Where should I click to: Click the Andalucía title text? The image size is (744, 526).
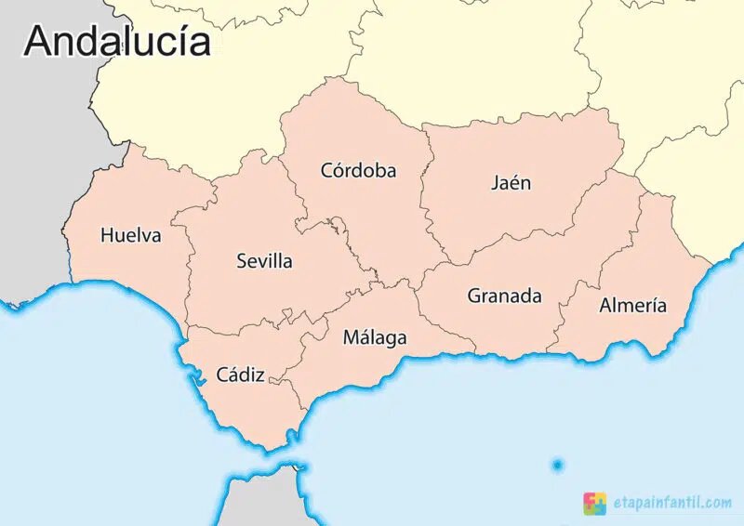tap(117, 41)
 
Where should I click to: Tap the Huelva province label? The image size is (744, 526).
tap(130, 235)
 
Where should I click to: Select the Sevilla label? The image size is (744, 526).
tap(264, 261)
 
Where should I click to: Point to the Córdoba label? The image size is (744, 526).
tap(358, 171)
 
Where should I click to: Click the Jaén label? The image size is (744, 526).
tap(511, 182)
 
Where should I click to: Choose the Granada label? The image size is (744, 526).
tap(504, 296)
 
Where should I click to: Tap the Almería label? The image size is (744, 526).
tap(632, 305)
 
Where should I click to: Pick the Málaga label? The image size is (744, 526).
tap(375, 337)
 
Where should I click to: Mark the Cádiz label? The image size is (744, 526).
tap(240, 375)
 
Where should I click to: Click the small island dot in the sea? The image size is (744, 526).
tap(557, 465)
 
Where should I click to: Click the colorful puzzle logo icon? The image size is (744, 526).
tap(594, 503)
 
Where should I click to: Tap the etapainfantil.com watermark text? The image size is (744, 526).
tap(671, 503)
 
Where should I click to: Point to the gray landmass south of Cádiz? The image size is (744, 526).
tap(265, 502)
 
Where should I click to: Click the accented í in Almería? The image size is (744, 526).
tap(651, 304)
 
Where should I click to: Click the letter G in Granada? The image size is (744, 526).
tap(474, 296)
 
